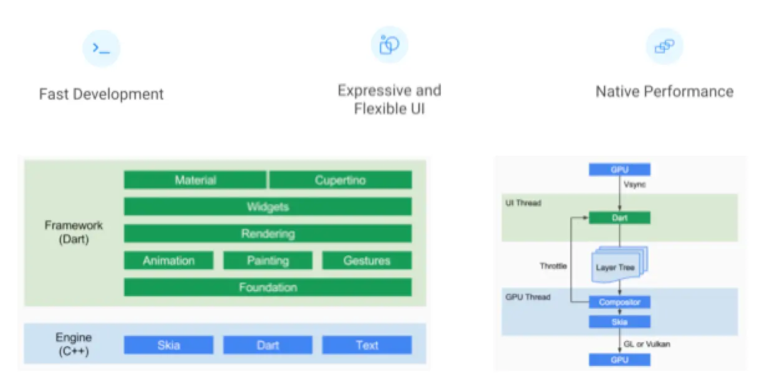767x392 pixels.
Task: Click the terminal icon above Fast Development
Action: (101, 49)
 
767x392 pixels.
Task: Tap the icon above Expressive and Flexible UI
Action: (390, 45)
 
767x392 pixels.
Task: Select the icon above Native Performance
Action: (664, 46)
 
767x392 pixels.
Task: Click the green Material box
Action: (195, 180)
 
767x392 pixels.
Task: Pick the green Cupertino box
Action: (341, 180)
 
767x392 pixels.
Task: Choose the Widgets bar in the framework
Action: (268, 207)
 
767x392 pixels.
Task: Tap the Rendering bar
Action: (268, 233)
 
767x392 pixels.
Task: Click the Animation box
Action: (169, 261)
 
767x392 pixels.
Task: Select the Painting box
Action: (268, 261)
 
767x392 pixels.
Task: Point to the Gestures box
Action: (367, 261)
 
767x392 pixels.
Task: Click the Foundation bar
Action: (268, 287)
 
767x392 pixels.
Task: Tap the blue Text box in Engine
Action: (367, 345)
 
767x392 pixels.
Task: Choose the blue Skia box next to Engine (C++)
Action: (169, 345)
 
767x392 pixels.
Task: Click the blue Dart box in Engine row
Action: (268, 345)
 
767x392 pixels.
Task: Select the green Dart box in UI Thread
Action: (620, 218)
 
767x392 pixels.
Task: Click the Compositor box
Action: (620, 302)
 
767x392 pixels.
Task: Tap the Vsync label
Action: (634, 185)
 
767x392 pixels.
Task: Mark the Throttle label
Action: (553, 266)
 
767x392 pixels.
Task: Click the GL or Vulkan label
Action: (647, 344)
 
